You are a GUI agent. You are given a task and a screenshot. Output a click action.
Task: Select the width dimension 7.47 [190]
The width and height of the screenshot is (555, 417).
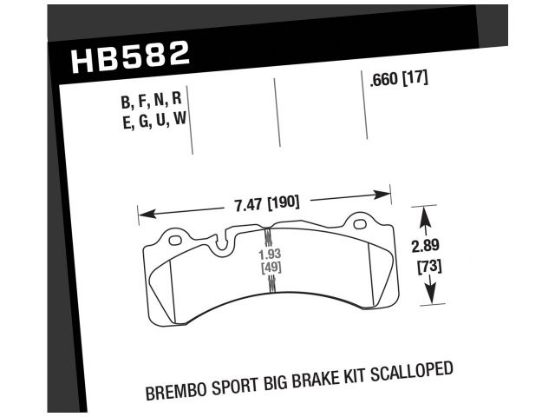(x=266, y=203)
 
